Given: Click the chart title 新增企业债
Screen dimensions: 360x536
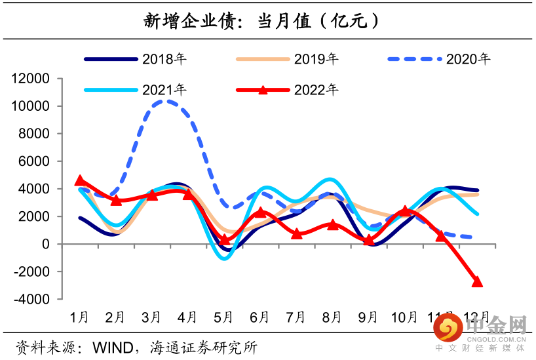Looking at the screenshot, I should [261, 20].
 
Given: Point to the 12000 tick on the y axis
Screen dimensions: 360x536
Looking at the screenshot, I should [31, 79].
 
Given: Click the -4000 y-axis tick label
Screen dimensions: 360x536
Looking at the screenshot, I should [31, 299].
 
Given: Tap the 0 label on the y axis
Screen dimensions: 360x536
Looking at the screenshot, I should [46, 244].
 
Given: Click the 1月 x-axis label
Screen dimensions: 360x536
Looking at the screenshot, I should [80, 317].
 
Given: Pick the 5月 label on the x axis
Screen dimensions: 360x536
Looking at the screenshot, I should [224, 317].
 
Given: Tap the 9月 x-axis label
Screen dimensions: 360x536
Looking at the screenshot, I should [368, 317].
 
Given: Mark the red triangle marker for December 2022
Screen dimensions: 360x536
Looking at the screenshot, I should [476, 282].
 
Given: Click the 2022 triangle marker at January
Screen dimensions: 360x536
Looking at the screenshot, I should [80, 180].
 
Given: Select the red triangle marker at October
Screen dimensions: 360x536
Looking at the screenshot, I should [405, 210].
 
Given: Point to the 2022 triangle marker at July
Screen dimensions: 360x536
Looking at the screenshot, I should [296, 233].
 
